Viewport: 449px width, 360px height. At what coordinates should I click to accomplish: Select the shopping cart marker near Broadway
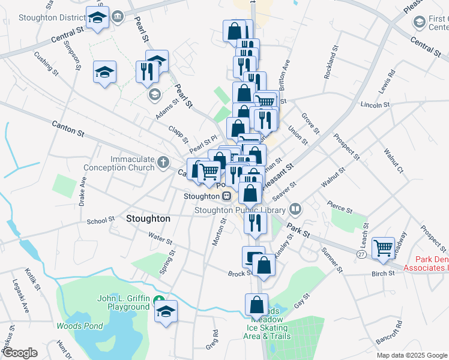383,248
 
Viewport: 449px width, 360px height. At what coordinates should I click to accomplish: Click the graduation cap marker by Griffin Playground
166,311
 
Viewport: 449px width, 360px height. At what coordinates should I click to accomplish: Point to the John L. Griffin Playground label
124,302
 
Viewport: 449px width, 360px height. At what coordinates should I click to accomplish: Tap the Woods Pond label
79,326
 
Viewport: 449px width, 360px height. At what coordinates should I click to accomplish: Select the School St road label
100,221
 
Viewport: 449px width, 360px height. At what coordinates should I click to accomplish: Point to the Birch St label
382,273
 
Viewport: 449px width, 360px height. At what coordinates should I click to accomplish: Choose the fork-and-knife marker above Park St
255,223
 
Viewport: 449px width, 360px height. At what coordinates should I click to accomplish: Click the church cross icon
163,162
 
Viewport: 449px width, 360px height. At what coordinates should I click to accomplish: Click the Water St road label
161,239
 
